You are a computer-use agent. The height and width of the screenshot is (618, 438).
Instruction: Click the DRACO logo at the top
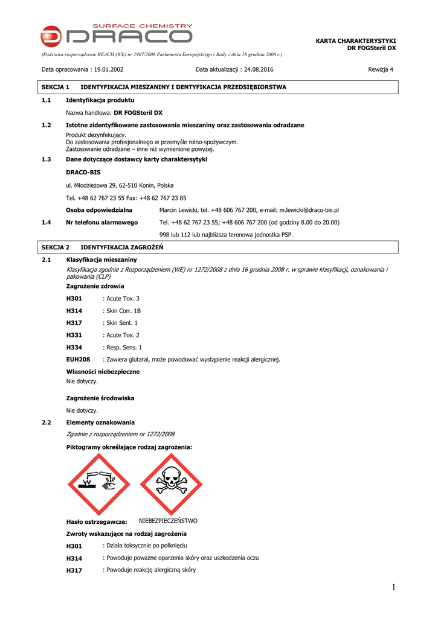(117, 34)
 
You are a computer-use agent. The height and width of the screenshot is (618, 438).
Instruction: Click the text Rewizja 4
(381, 69)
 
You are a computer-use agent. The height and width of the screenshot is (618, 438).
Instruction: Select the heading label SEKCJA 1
(56, 88)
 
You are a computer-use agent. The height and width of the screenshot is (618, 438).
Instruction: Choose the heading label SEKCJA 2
(56, 247)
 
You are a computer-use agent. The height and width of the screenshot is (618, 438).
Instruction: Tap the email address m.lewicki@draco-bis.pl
(309, 210)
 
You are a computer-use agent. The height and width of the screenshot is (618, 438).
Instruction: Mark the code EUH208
(78, 360)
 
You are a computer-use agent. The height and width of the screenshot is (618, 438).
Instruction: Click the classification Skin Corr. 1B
(124, 311)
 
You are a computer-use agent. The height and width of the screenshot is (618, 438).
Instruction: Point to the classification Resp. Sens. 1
(124, 348)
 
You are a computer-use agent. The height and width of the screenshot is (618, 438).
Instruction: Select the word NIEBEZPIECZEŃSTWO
(168, 521)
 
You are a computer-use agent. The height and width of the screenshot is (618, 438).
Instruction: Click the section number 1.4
(46, 222)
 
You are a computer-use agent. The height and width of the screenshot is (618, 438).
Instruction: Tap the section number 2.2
(46, 422)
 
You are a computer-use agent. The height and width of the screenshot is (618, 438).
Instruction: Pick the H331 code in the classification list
(74, 335)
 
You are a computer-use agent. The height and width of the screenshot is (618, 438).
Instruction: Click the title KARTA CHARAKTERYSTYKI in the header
(356, 40)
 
